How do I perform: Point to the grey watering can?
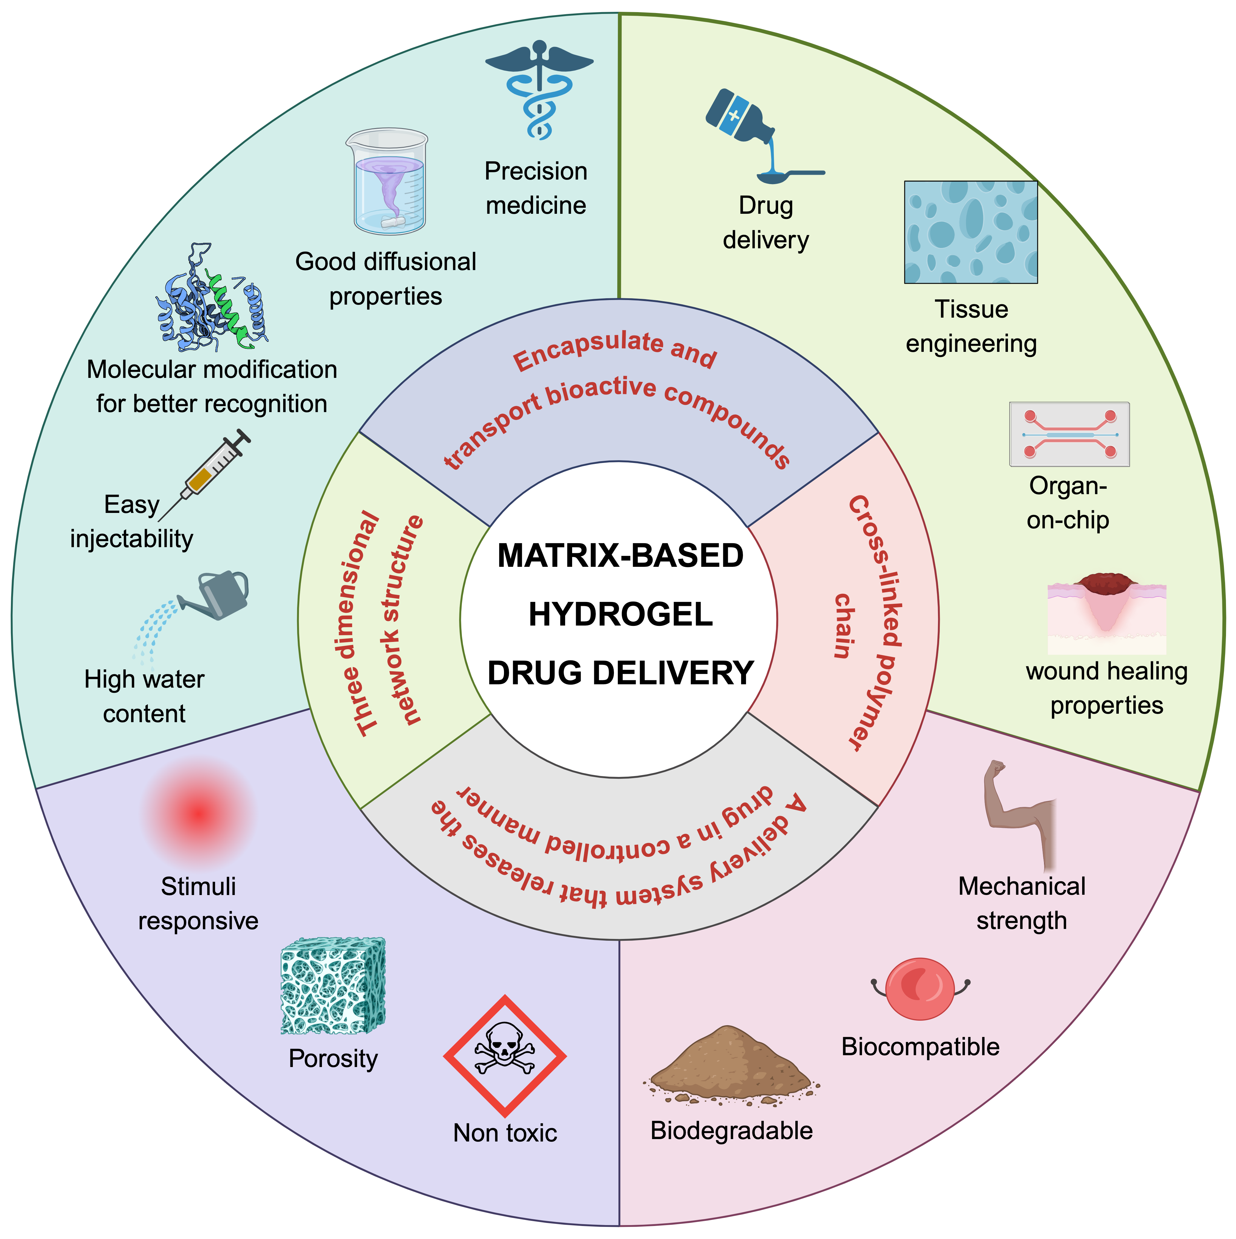point(218,595)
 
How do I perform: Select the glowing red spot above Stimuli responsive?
point(199,813)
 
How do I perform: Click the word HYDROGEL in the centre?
point(620,614)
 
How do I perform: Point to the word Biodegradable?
point(731,1131)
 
